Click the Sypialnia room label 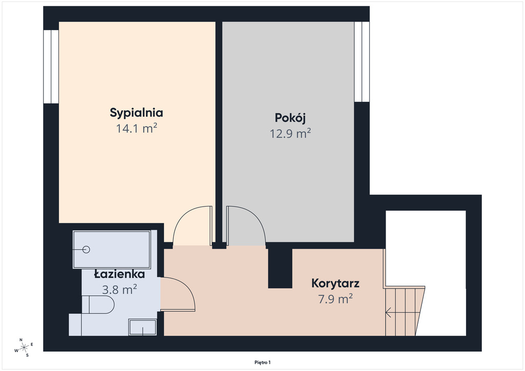[136, 113]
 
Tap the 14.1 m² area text [136, 129]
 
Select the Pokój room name [290, 118]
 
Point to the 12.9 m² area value [290, 134]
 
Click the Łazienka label [119, 274]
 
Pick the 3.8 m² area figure [119, 290]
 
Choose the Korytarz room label [335, 283]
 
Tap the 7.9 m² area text [335, 299]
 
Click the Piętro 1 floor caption [262, 362]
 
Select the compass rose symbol [24, 348]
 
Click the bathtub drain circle [86, 250]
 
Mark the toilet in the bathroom [98, 304]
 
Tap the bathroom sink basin [143, 327]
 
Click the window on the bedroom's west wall [51, 67]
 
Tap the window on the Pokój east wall [362, 61]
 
